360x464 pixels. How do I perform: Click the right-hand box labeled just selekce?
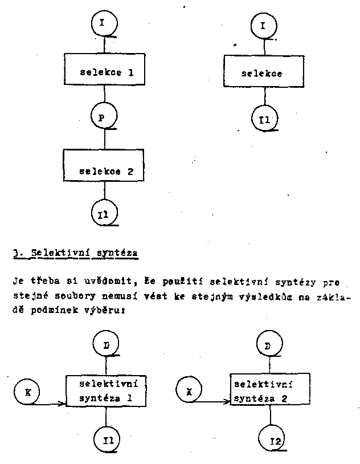[x=261, y=73]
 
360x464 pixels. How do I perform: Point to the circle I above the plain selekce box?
[x=263, y=25]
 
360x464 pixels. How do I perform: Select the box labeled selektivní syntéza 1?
[x=106, y=390]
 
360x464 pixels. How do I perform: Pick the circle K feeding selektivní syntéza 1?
[x=27, y=392]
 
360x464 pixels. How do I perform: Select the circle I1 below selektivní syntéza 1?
[x=105, y=439]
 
